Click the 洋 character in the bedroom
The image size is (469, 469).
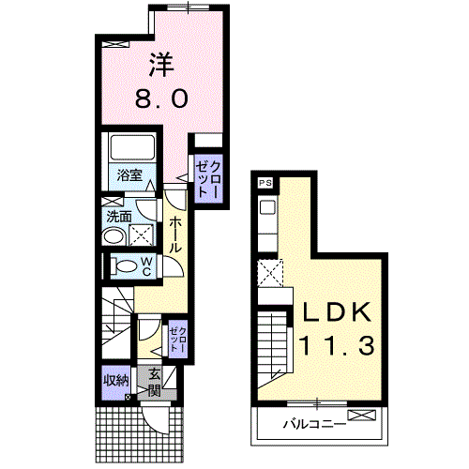(161, 65)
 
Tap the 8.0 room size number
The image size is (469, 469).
(161, 98)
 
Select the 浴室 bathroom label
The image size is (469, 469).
(129, 175)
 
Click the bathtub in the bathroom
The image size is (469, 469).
(132, 146)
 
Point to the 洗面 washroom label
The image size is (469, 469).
(119, 217)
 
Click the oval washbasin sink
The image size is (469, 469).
(113, 236)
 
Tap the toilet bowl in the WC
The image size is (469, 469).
(124, 266)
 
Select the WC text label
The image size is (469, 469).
(146, 266)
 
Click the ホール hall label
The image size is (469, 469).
(175, 234)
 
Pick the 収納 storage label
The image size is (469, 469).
(116, 381)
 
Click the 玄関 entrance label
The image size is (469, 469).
(154, 382)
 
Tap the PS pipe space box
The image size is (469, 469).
(265, 183)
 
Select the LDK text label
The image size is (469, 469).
(337, 312)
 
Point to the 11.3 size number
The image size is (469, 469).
(337, 345)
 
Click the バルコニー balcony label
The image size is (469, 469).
(314, 424)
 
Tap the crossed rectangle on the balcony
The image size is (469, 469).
(362, 415)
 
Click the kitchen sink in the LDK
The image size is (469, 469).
(268, 207)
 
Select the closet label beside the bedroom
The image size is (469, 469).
(208, 178)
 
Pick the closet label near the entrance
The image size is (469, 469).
(178, 340)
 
